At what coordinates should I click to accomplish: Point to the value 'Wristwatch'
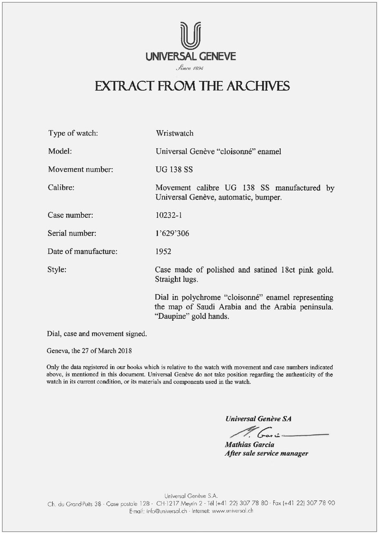[x=174, y=133]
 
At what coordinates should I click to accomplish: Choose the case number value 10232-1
[x=169, y=215]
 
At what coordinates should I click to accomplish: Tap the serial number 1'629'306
[x=172, y=234]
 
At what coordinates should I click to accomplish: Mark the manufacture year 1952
[x=163, y=252]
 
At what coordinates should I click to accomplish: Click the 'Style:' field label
[x=58, y=270]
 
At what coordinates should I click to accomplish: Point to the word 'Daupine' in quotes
[x=173, y=316]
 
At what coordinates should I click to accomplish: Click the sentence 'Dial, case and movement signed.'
[x=96, y=334]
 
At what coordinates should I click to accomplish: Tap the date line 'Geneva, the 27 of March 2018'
[x=89, y=351]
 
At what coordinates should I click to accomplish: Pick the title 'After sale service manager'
[x=266, y=454]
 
